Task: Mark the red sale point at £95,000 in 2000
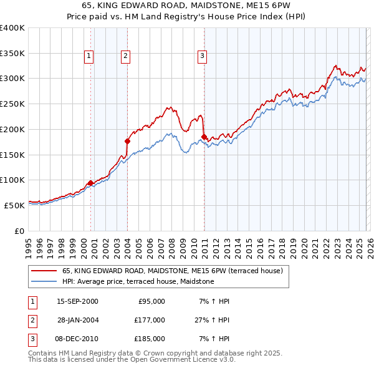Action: pyautogui.click(x=90, y=183)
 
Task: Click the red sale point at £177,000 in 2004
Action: pyautogui.click(x=127, y=141)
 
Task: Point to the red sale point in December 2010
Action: pyautogui.click(x=204, y=137)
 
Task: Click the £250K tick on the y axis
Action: pyautogui.click(x=12, y=104)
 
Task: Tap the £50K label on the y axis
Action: pyautogui.click(x=14, y=205)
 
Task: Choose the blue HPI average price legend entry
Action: pyautogui.click(x=138, y=281)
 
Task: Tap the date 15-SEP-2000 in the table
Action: pyautogui.click(x=77, y=301)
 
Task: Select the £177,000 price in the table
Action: pyautogui.click(x=149, y=320)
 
